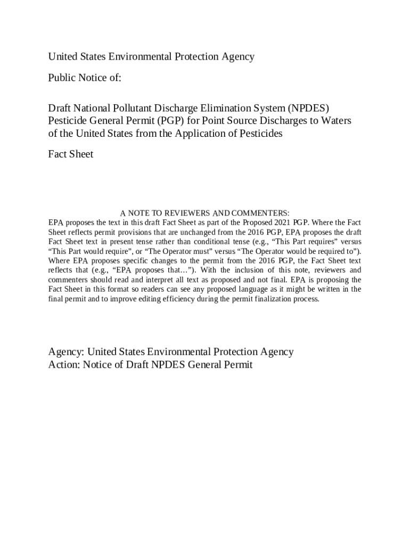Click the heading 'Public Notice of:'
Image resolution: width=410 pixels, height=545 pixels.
pos(85,78)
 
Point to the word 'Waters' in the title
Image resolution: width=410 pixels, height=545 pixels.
pos(334,121)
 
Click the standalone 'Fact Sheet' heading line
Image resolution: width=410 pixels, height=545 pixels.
pos(70,154)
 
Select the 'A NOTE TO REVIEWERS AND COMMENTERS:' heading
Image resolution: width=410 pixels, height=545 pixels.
pos(204,213)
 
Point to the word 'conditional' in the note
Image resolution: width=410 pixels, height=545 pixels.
pos(219,242)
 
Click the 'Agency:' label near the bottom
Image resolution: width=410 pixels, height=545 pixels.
pos(66,352)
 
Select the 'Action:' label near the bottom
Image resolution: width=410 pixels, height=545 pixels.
pos(64,365)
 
